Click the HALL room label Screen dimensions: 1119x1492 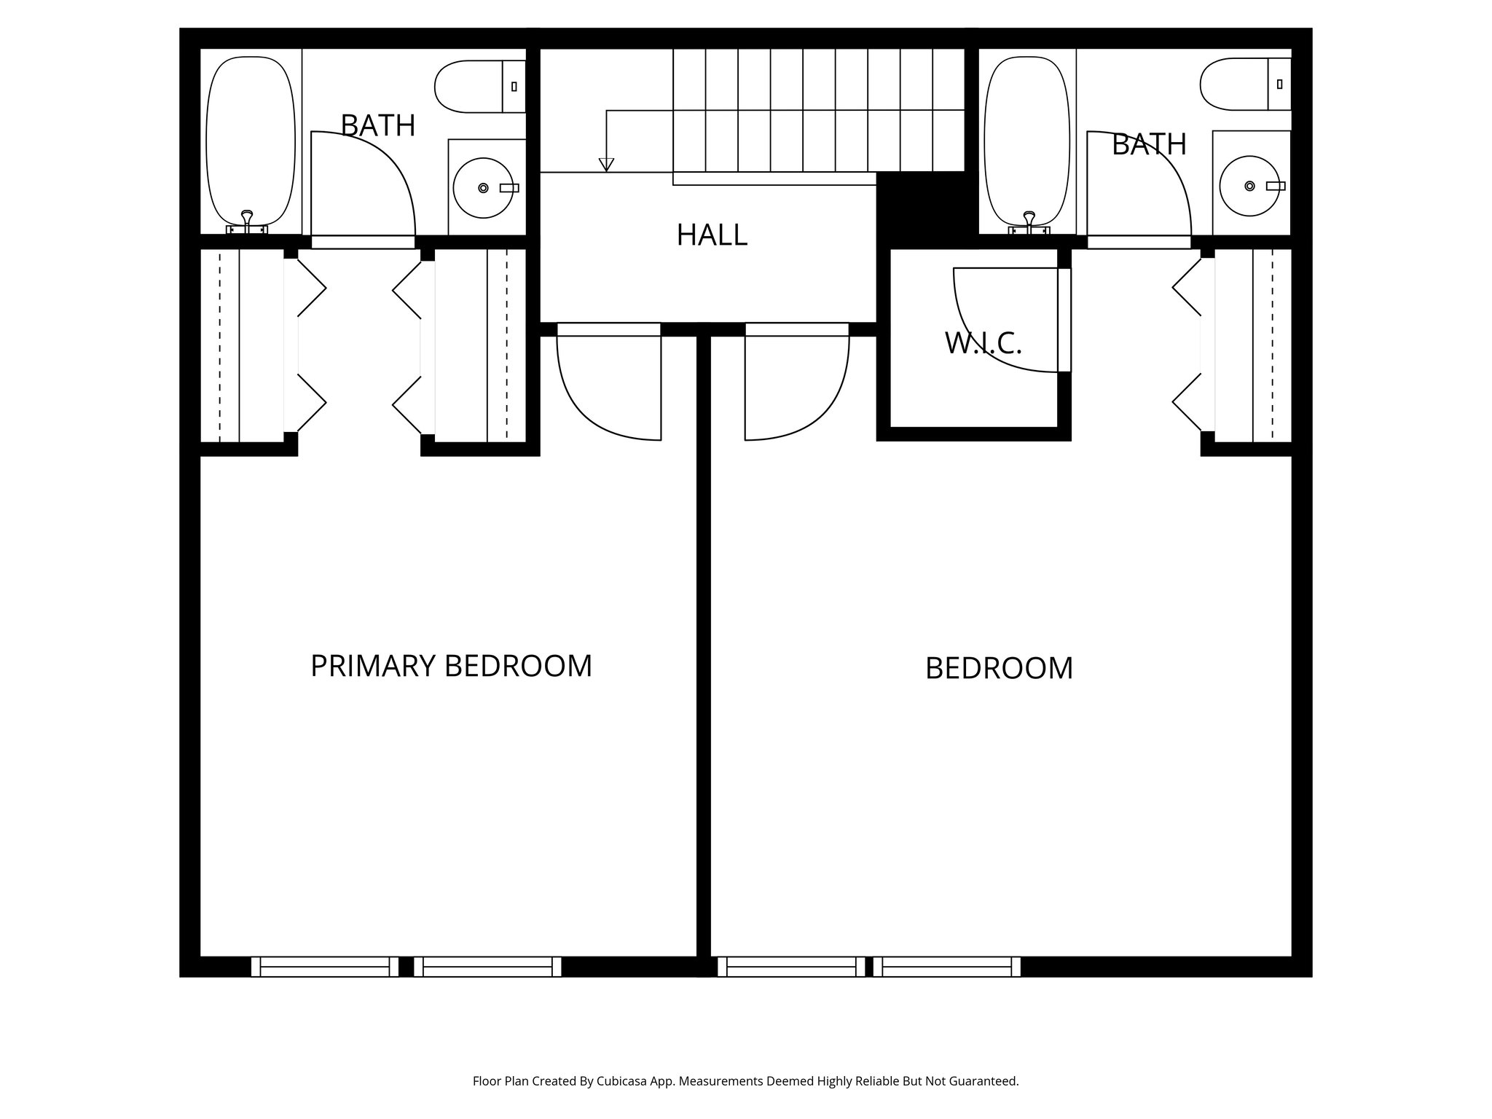pos(712,235)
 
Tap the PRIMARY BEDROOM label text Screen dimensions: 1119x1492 pos(451,666)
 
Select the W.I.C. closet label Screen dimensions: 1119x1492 pos(983,343)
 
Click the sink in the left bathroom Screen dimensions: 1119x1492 pos(483,188)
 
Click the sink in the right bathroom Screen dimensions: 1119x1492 pos(1250,186)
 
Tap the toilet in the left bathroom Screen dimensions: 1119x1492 pos(479,87)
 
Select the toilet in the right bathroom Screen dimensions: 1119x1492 pos(1245,85)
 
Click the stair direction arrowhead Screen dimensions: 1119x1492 pos(606,165)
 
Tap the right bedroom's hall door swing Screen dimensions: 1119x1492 pos(796,386)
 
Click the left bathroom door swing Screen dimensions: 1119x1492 pos(362,186)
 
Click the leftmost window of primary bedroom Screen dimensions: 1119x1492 pos(325,967)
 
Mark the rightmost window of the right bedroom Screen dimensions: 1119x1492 pos(947,967)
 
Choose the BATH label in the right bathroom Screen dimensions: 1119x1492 pos(1149,144)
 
